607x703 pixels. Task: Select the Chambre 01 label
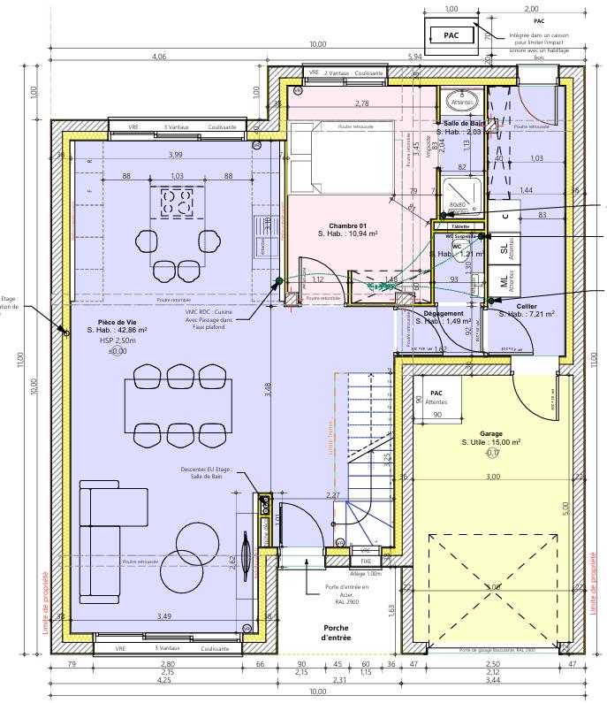347,225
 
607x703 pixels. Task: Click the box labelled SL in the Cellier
505,250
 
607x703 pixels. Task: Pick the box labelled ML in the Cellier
505,281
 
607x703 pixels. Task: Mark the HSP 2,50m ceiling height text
118,340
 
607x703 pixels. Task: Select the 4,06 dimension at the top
159,57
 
